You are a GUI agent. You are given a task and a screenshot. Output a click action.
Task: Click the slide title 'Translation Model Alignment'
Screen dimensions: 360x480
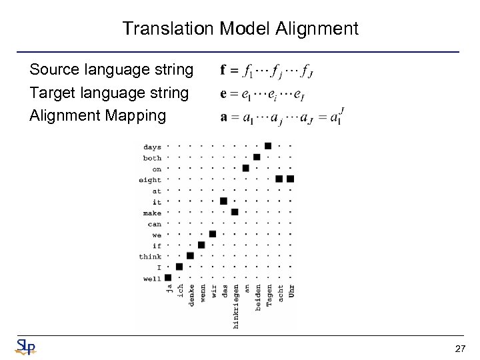(240, 29)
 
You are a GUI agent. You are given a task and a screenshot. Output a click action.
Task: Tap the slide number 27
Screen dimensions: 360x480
(459, 349)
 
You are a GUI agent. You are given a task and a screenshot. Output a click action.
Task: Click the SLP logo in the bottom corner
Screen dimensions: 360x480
(25, 347)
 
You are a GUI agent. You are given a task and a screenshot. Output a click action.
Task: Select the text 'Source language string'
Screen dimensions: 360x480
(111, 69)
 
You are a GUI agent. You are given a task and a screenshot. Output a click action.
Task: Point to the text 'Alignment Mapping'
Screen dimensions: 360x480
(97, 115)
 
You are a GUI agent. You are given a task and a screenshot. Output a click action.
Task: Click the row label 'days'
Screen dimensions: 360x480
(152, 147)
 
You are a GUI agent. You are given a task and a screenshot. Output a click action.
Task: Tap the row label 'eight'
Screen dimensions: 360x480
(150, 179)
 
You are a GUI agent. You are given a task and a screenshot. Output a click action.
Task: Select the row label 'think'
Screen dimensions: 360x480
(150, 256)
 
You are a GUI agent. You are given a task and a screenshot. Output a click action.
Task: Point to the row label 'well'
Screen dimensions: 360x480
(152, 278)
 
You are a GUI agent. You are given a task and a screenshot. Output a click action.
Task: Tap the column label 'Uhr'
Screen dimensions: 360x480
(291, 291)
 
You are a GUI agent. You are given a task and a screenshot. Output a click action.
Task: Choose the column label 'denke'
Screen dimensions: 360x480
(191, 295)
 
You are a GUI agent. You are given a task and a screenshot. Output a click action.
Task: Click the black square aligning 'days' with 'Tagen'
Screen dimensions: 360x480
(268, 146)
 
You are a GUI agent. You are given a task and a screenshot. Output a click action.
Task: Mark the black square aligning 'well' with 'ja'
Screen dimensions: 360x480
(168, 277)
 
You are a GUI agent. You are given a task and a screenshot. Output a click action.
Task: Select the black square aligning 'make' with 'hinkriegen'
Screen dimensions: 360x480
(235, 212)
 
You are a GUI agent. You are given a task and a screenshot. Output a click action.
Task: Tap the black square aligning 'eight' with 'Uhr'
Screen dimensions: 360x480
(290, 179)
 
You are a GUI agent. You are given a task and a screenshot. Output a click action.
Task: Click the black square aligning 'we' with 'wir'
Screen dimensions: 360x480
(213, 234)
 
